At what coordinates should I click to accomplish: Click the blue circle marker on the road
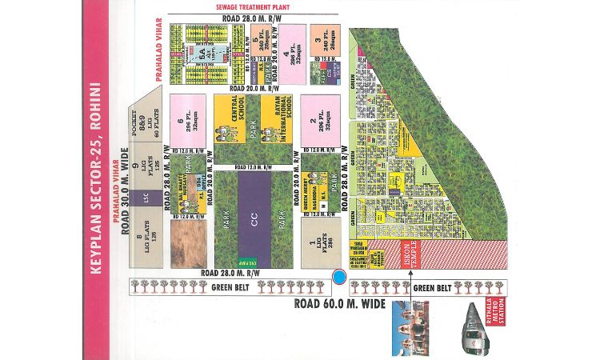(x=339, y=277)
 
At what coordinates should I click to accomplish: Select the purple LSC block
(x=146, y=196)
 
